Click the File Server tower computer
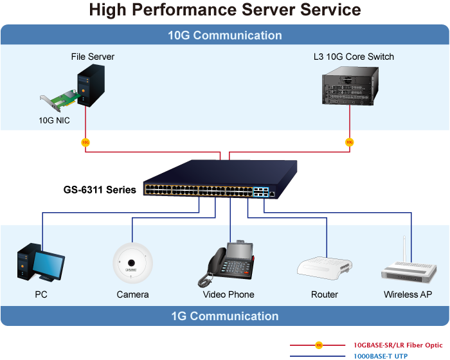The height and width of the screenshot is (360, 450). pos(91,85)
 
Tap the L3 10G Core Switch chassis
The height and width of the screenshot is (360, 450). pos(350,85)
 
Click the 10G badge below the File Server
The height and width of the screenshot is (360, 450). pos(85,142)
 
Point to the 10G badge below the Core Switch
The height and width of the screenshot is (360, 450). pos(349,142)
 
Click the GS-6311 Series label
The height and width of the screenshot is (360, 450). pos(100,190)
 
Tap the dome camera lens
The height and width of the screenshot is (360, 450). pos(131,263)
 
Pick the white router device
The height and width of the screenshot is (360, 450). pos(325,269)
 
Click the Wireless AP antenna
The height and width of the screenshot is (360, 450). pos(404,249)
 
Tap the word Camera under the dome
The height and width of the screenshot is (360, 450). pos(132,294)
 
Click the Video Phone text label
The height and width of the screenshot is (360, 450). pos(228,294)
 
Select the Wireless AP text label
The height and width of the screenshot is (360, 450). pos(408,294)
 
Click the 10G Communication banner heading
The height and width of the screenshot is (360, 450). pos(225,35)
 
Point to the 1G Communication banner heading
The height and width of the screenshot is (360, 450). pos(225,316)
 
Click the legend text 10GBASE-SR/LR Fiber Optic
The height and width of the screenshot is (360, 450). pos(398,345)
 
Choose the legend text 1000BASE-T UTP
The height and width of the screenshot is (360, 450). pos(381,356)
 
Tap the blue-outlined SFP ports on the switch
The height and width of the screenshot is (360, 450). pos(261,192)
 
